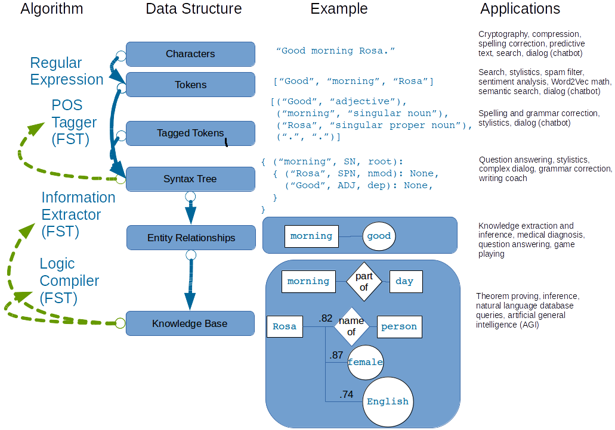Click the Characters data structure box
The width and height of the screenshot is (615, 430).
[x=190, y=54]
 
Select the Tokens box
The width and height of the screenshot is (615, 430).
[x=190, y=85]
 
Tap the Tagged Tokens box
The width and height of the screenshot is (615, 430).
[x=190, y=133]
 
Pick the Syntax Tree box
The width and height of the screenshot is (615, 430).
[x=190, y=179]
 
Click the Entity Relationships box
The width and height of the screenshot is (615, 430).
[x=191, y=238]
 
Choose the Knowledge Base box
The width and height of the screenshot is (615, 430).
[x=190, y=323]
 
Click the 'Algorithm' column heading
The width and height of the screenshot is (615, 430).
[x=52, y=9]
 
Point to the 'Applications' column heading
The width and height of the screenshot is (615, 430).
[x=520, y=9]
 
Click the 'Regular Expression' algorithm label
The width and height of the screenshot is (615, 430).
[x=67, y=71]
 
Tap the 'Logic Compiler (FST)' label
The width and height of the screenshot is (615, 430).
[x=69, y=281]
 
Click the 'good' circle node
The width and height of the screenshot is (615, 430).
[x=379, y=236]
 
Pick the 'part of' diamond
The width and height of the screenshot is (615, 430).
[x=363, y=281]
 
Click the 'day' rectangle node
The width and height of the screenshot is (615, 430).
[x=404, y=281]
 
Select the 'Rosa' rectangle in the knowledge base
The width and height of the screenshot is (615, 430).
[x=284, y=326]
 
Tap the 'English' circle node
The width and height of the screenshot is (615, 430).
[x=388, y=401]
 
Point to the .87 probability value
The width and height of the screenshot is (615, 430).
[x=336, y=355]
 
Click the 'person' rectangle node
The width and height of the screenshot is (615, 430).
[x=399, y=326]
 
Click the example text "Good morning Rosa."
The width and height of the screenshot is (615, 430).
[x=336, y=51]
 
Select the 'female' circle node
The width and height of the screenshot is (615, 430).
[x=365, y=362]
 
